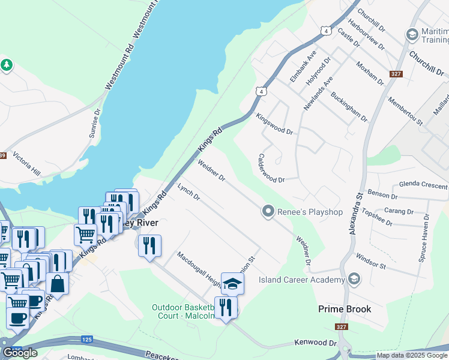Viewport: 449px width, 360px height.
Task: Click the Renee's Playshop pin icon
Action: pyautogui.click(x=268, y=211)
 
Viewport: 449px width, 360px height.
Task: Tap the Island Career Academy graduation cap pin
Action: pyautogui.click(x=354, y=279)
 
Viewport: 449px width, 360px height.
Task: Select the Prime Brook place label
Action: pyautogui.click(x=345, y=310)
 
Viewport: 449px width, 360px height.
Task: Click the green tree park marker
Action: pyautogui.click(x=7, y=65)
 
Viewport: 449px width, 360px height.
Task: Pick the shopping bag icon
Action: pyautogui.click(x=57, y=283)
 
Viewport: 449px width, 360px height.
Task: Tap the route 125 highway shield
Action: pyautogui.click(x=86, y=340)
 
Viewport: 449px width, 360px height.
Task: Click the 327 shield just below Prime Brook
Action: pyautogui.click(x=342, y=328)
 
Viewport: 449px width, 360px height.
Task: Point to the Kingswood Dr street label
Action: pyautogui.click(x=274, y=124)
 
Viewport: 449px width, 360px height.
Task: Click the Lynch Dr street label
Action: pyautogui.click(x=188, y=192)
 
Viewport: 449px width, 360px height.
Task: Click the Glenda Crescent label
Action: pyautogui.click(x=423, y=185)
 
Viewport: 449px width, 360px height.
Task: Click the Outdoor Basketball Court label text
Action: pyautogui.click(x=183, y=311)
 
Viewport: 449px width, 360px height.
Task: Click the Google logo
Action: pyautogui.click(x=20, y=353)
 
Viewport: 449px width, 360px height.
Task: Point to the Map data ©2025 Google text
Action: pyautogui.click(x=412, y=355)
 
